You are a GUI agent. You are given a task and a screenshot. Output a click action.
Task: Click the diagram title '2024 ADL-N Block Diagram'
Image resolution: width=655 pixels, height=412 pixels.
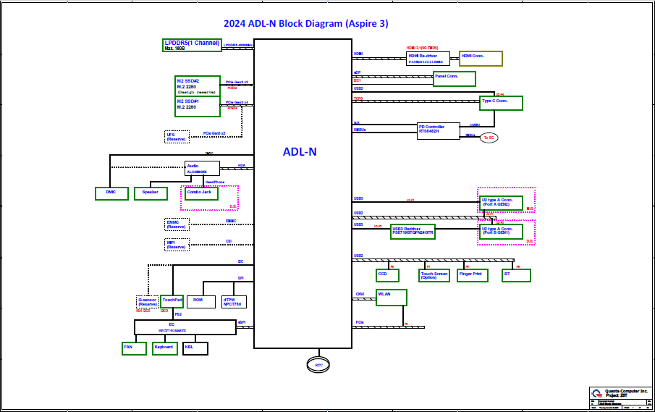click(305, 23)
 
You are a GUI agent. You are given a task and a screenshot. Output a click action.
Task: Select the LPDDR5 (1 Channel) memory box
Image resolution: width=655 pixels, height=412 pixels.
click(192, 45)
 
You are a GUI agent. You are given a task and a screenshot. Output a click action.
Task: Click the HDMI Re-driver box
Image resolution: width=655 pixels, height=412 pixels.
click(428, 59)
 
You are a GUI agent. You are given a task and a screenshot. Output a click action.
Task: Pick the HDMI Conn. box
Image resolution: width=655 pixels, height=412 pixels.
click(481, 59)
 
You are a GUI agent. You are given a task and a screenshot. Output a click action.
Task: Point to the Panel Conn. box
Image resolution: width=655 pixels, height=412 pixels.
click(455, 78)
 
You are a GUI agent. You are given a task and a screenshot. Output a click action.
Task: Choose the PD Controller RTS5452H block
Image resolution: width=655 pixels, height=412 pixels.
click(439, 131)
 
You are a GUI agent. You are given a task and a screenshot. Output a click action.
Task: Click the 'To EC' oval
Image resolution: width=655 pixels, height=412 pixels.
click(489, 138)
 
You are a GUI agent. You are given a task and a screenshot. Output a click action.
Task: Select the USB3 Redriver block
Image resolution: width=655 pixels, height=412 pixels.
click(413, 232)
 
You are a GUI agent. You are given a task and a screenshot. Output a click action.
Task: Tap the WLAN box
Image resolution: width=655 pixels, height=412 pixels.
click(392, 297)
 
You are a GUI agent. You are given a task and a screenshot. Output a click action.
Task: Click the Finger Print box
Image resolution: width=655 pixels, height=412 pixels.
click(473, 275)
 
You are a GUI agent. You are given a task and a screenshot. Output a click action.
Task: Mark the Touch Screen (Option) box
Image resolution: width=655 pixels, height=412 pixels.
click(434, 275)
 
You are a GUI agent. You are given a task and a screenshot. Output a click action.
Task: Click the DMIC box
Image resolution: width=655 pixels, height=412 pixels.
click(111, 193)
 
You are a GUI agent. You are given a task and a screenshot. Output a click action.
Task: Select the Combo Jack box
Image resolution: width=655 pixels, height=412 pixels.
click(202, 193)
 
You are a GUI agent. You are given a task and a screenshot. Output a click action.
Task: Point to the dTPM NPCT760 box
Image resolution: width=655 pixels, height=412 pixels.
click(234, 302)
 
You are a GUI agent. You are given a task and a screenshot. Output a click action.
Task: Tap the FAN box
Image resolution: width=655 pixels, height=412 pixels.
click(134, 348)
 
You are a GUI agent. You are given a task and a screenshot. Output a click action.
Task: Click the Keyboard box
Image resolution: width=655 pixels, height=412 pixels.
click(164, 348)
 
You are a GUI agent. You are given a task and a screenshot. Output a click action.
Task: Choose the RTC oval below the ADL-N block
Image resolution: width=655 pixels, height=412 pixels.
click(319, 364)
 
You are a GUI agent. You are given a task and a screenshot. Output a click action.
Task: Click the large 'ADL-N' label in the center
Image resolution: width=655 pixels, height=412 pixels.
click(300, 152)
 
